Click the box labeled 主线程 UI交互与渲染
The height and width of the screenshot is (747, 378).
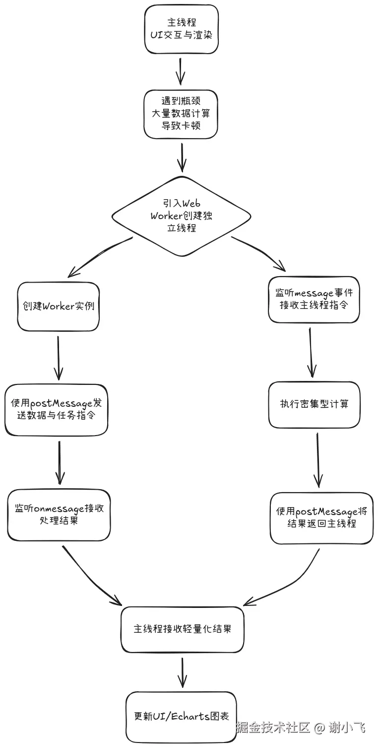(181, 29)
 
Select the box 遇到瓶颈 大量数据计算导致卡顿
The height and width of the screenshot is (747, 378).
(181, 114)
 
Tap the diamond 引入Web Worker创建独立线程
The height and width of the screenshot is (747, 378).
(181, 216)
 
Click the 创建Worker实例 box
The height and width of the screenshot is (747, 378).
(59, 306)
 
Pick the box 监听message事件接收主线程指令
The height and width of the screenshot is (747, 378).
(313, 299)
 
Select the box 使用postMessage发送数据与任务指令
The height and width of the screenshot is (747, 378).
(57, 410)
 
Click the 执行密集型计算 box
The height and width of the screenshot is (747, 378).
(314, 404)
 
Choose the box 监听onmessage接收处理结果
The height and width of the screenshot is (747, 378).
(59, 515)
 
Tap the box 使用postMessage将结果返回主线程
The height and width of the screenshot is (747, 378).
(321, 518)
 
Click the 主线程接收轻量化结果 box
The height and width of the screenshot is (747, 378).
(182, 629)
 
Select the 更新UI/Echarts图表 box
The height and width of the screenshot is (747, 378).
(181, 717)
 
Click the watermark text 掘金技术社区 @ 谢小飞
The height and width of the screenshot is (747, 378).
(301, 728)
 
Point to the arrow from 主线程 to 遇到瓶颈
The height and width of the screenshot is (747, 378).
(181, 71)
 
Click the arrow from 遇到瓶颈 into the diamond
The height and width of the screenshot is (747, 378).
(182, 156)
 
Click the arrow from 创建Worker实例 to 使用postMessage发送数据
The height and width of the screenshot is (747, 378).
(59, 358)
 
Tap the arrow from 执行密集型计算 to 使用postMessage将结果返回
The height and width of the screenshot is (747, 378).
(318, 459)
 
